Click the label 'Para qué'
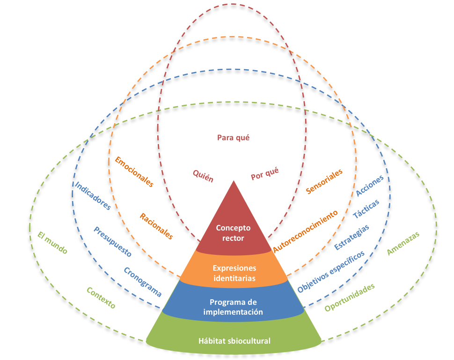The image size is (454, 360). click(234, 137)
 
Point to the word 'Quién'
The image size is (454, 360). click(203, 176)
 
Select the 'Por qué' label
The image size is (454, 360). click(264, 173)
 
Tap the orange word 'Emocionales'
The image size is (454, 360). click(134, 172)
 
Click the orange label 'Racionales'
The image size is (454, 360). click(156, 226)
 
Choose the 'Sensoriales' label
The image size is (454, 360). click(324, 181)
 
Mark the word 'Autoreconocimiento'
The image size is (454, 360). click(305, 231)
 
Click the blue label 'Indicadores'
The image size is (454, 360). click(93, 196)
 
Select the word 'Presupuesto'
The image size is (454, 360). click(113, 242)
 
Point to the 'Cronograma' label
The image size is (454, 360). click(142, 282)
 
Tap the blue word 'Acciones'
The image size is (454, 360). click(369, 186)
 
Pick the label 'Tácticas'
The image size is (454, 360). click(366, 209)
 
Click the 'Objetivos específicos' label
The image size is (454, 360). click(331, 272)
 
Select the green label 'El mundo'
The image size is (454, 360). click(52, 243)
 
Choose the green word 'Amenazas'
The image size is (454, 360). click(403, 244)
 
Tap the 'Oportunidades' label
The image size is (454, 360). click(350, 297)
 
